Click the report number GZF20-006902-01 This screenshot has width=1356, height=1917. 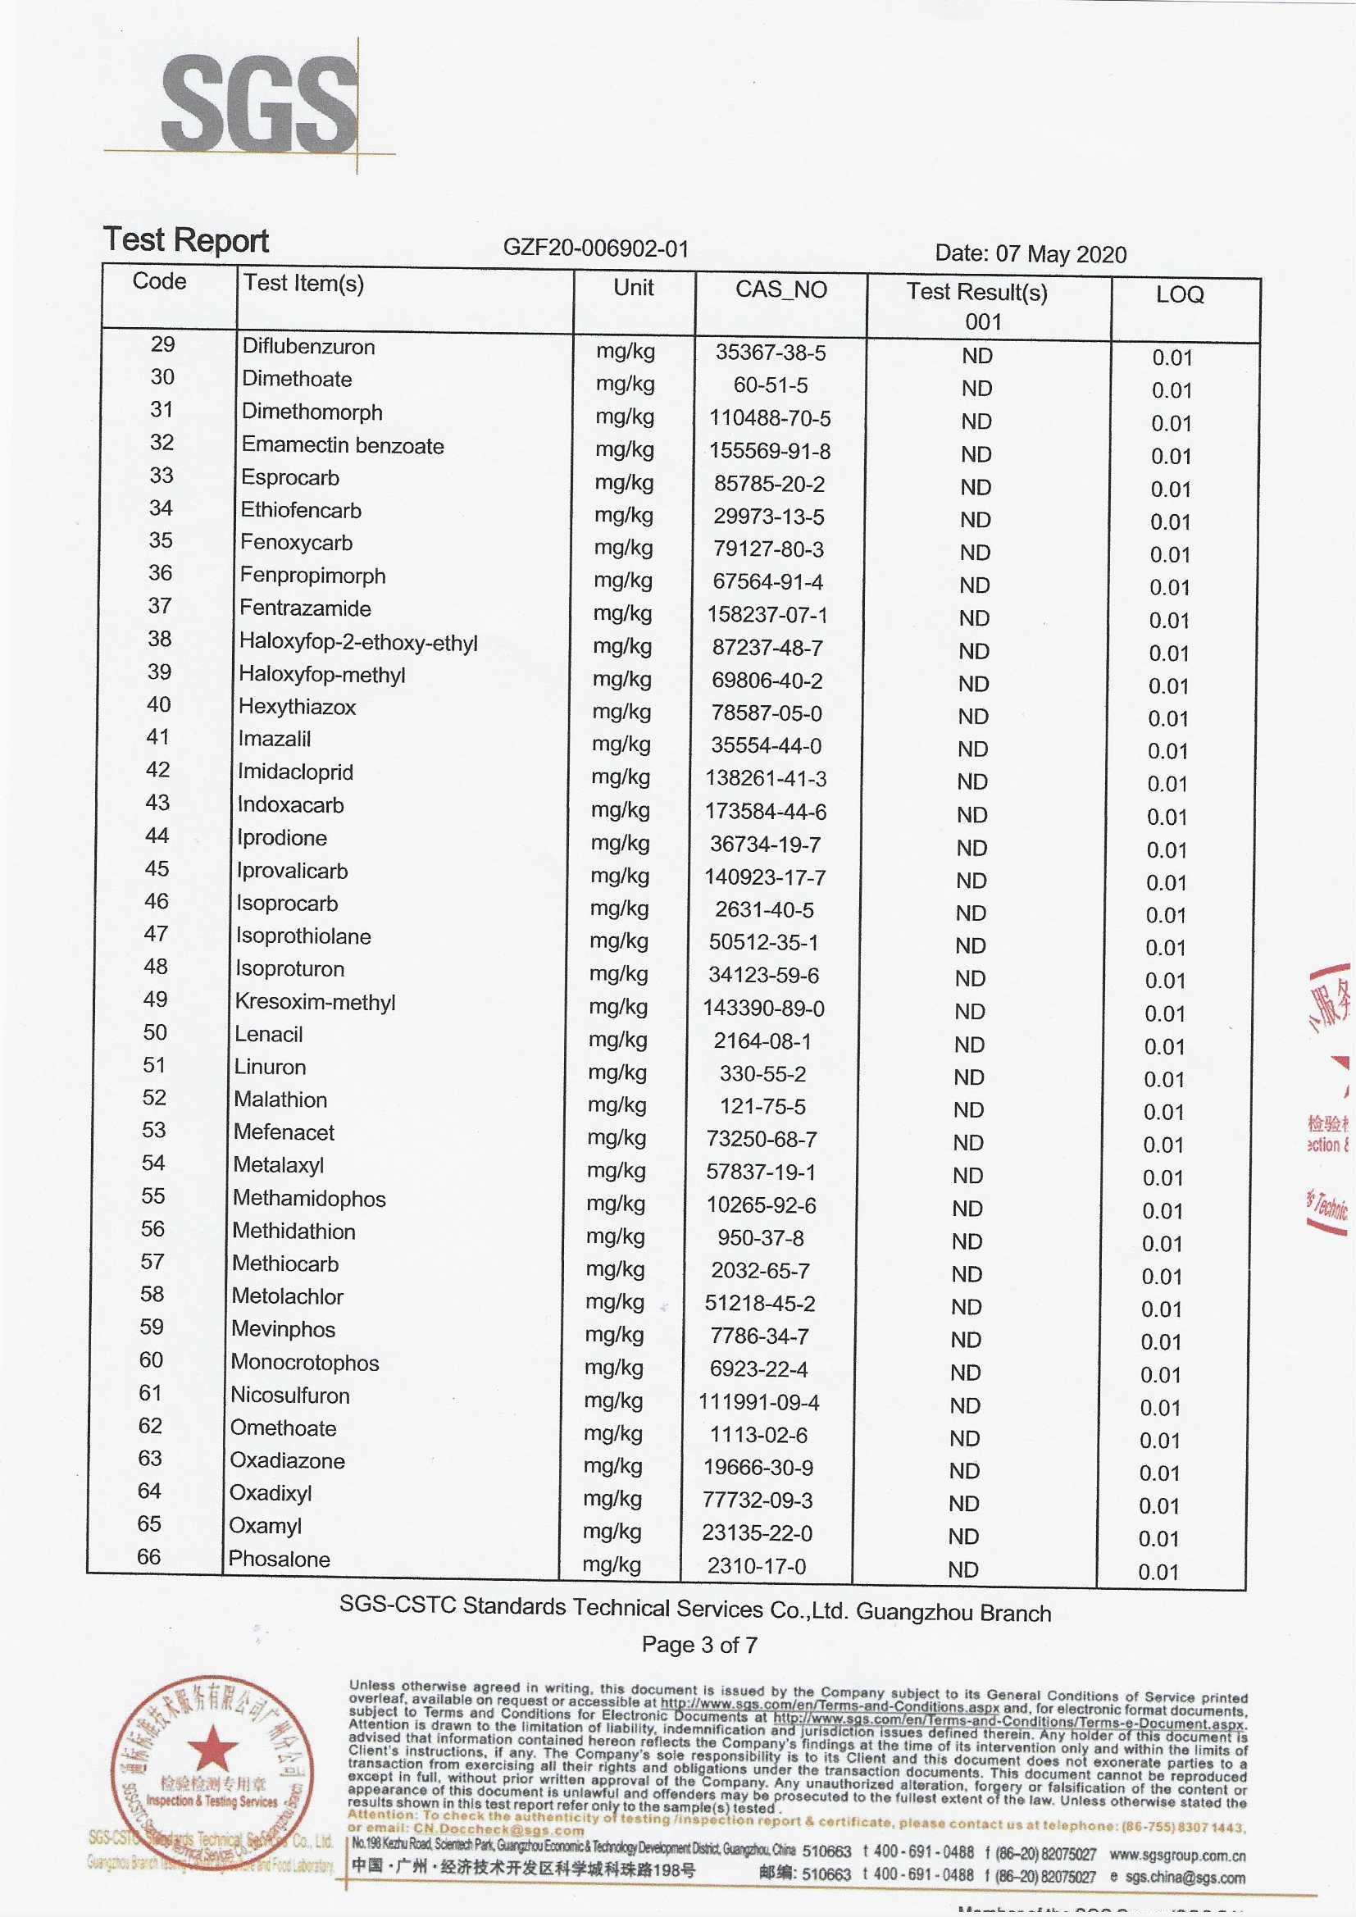pos(595,248)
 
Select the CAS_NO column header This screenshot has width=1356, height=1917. pos(780,289)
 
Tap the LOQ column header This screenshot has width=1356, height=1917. pos(1179,294)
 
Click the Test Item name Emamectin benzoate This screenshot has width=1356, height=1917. pos(343,445)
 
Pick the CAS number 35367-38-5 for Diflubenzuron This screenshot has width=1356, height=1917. pos(770,353)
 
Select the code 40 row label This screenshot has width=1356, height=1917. pos(159,704)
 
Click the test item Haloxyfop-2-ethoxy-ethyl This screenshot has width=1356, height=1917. pos(358,642)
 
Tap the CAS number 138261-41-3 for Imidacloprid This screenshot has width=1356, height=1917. pos(766,778)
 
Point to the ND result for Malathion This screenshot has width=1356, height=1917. pos(967,1109)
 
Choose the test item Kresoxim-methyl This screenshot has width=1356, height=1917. pos(315,1002)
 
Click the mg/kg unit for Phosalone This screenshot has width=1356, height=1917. pos(612,1564)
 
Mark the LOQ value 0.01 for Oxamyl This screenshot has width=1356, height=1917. pos(1158,1539)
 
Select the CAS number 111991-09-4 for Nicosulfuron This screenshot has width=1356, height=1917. pos(759,1402)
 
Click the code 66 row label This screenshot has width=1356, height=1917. pos(148,1556)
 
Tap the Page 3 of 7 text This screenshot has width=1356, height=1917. pos(698,1645)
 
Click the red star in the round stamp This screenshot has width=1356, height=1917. pos(212,1748)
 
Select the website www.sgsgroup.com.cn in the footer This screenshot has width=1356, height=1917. pos(1176,1856)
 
